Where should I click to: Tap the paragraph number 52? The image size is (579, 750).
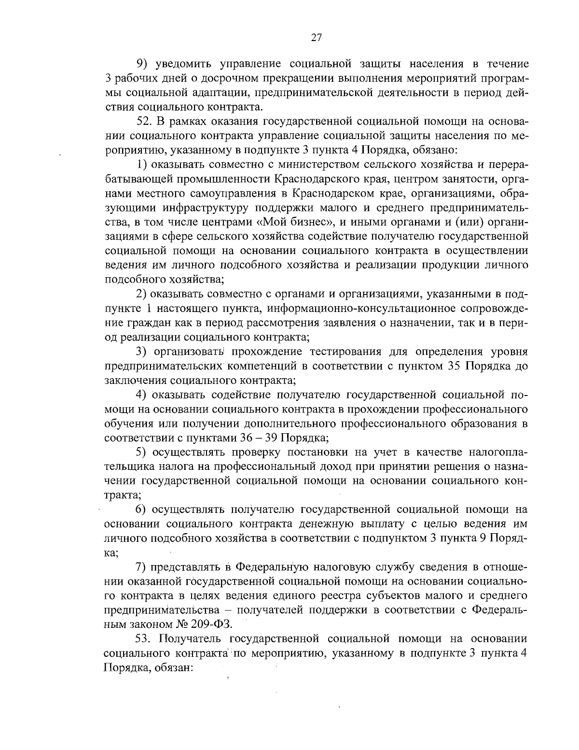pos(143,121)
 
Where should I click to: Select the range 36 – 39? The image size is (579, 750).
pos(259,438)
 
